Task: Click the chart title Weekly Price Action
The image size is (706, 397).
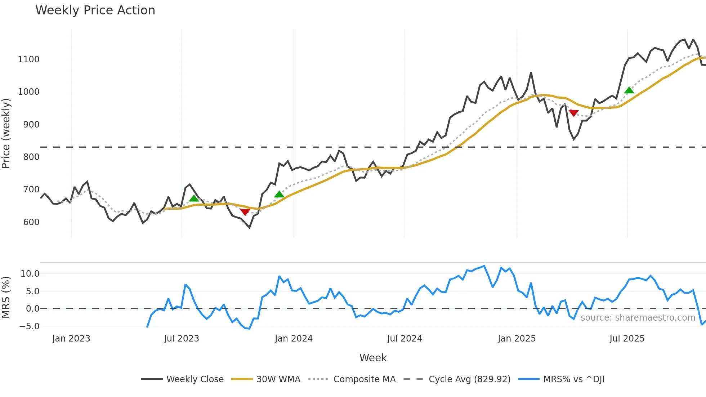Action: tap(95, 10)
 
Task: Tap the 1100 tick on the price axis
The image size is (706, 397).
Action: tap(29, 59)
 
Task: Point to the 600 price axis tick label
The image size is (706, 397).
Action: tap(31, 222)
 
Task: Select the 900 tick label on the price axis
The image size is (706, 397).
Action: tap(31, 124)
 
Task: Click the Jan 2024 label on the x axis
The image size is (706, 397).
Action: tap(294, 339)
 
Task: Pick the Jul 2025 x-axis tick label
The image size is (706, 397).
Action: tap(627, 339)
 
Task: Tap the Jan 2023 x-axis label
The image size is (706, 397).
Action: tap(71, 339)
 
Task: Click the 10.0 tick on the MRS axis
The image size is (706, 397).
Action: tap(30, 273)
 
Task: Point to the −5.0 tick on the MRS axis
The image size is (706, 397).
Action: tap(29, 326)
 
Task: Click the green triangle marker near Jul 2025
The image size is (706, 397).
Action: tap(629, 90)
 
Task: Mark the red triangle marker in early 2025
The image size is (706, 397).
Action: tap(573, 113)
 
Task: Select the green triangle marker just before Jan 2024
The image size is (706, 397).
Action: tap(279, 195)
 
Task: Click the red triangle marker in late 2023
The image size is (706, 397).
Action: tap(245, 212)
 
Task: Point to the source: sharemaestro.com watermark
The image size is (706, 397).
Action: tap(638, 317)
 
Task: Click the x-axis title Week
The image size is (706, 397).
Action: tap(373, 358)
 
